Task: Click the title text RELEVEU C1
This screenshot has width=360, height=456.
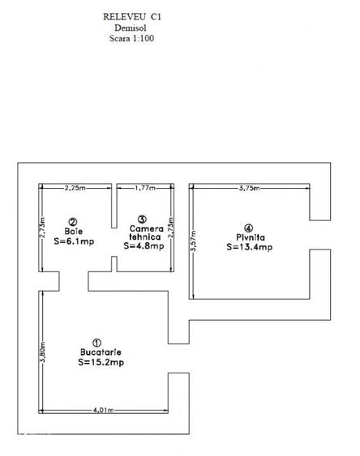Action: pyautogui.click(x=132, y=17)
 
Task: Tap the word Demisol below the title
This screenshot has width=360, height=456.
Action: pyautogui.click(x=131, y=28)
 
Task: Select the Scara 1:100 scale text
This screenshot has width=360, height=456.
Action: pyautogui.click(x=131, y=38)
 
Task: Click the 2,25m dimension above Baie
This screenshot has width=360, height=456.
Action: pyautogui.click(x=75, y=188)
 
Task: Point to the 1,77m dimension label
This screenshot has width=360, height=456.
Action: pyautogui.click(x=145, y=188)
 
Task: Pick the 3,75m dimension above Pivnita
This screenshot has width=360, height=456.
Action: pyautogui.click(x=250, y=188)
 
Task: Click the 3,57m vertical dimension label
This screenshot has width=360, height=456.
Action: pyautogui.click(x=193, y=241)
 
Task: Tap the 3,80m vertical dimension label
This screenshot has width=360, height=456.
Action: pyautogui.click(x=42, y=352)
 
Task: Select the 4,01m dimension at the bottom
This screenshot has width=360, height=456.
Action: pyautogui.click(x=103, y=411)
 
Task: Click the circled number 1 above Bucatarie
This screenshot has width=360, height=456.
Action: pyautogui.click(x=96, y=343)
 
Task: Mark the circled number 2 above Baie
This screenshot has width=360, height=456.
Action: pyautogui.click(x=73, y=222)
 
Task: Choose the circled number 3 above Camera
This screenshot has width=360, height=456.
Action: pyautogui.click(x=142, y=219)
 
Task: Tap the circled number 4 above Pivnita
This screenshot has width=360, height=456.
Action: pyautogui.click(x=249, y=228)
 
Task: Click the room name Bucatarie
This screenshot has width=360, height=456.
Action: pyautogui.click(x=101, y=352)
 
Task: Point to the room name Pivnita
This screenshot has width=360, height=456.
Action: pyautogui.click(x=251, y=237)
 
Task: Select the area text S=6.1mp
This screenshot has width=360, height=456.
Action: pyautogui.click(x=74, y=241)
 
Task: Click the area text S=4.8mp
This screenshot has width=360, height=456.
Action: pyautogui.click(x=144, y=246)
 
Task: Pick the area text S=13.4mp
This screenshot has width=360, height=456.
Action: pyautogui.click(x=250, y=247)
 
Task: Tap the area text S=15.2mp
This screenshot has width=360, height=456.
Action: pyautogui.click(x=101, y=362)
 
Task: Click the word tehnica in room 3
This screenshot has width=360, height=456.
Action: pyautogui.click(x=145, y=237)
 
